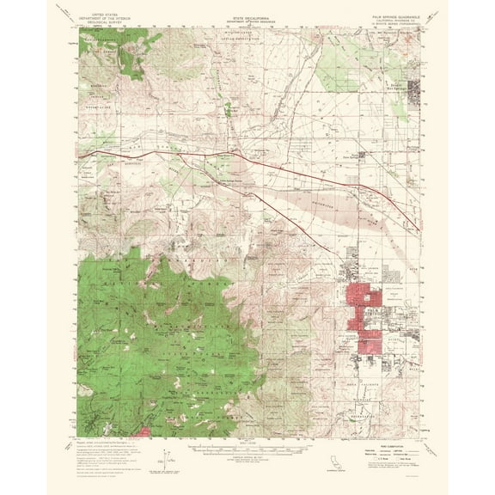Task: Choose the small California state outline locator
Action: pos(314,467)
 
